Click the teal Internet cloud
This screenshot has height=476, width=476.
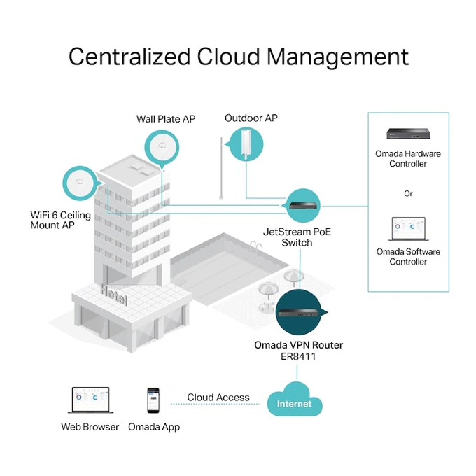click(295, 400)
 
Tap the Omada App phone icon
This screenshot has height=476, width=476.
click(153, 400)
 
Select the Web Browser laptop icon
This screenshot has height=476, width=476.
click(90, 400)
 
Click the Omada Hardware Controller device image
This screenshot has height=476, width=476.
click(408, 134)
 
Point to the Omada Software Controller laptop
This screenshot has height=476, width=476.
click(408, 229)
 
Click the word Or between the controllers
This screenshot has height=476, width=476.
click(408, 193)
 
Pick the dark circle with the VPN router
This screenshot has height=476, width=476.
click(299, 312)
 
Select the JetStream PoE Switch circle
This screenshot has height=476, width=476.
click(302, 206)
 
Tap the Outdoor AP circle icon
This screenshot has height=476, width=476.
click(246, 144)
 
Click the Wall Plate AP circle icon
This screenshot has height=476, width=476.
click(162, 148)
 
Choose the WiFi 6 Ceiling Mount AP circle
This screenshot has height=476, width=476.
click(80, 183)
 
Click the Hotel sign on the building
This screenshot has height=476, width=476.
click(114, 295)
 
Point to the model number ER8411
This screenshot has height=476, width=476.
click(298, 356)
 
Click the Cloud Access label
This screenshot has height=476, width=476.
click(218, 398)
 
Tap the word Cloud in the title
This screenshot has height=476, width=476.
click(228, 57)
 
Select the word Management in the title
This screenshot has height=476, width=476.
click(338, 57)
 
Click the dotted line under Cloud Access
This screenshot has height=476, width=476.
click(215, 404)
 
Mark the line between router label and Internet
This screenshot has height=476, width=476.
click(297, 373)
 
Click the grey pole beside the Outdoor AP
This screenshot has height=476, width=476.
click(221, 168)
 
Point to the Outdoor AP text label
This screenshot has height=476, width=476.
click(251, 118)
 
